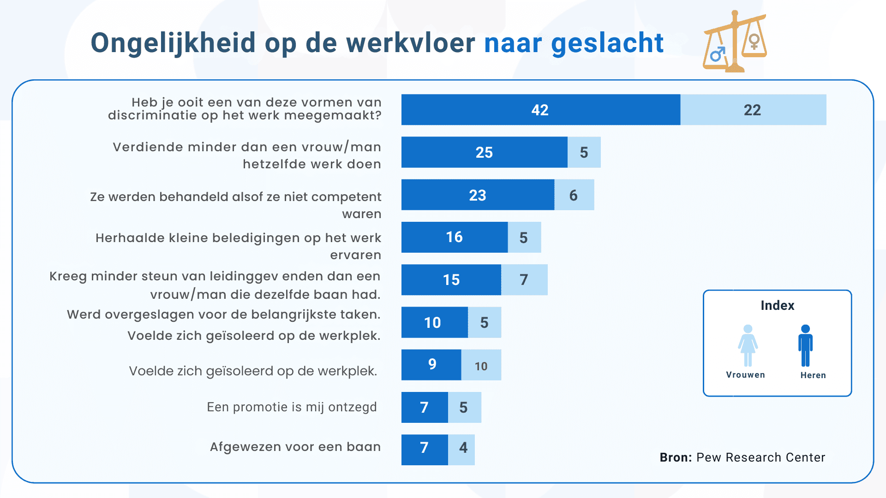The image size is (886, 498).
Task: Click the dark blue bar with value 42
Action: coord(540,110)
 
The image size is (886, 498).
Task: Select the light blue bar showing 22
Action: coord(753,110)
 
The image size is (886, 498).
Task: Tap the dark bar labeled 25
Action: coord(484,152)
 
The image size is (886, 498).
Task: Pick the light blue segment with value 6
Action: coord(574,195)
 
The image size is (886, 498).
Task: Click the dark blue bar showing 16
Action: coord(454,237)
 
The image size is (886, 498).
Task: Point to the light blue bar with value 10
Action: coord(481,365)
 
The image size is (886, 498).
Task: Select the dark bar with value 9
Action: coord(431,365)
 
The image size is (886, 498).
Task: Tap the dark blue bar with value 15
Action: coord(451,279)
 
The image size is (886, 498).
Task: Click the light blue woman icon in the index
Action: coord(748,345)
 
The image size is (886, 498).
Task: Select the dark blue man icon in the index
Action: coord(805,345)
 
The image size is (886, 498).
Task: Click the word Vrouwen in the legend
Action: coord(745,375)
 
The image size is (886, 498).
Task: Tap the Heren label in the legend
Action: coord(813,375)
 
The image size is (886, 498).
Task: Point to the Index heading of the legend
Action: coord(777,305)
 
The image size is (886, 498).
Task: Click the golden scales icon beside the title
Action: coord(735,42)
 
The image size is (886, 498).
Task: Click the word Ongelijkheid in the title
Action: coord(173,44)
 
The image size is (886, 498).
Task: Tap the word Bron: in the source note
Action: coord(676,457)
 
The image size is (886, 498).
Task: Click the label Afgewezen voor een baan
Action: coord(295,447)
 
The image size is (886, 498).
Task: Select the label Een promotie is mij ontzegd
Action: coord(292,407)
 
